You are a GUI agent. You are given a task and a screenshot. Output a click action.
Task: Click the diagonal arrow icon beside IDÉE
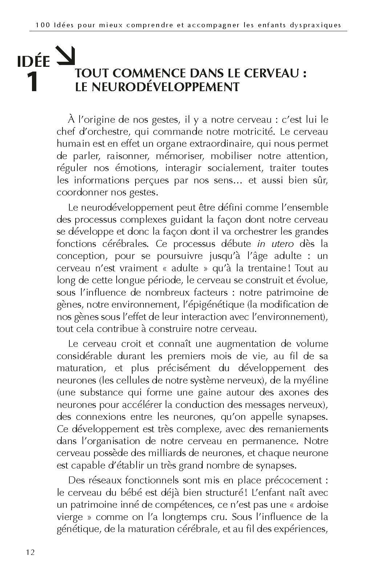tap(66, 54)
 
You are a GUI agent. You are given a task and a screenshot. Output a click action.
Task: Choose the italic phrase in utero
tap(280, 244)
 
